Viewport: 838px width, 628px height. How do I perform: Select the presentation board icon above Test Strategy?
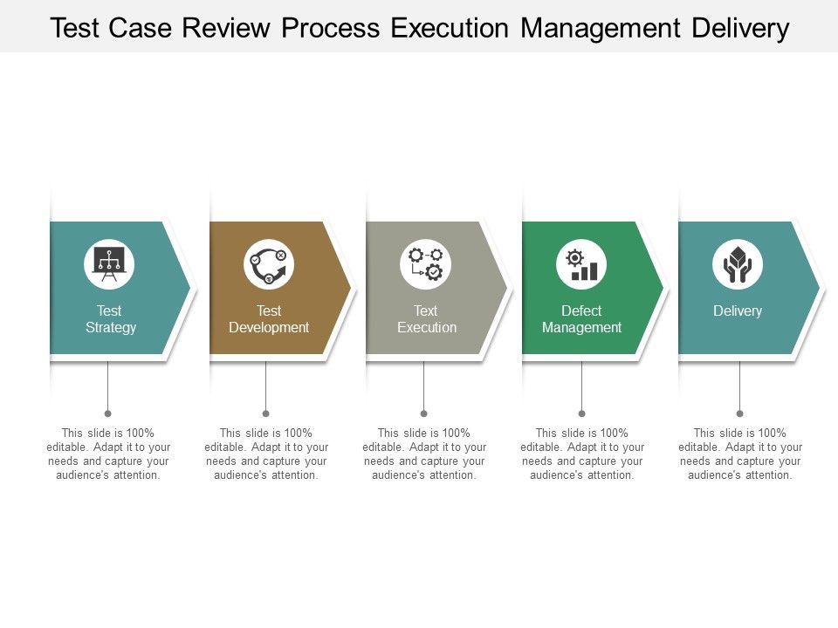click(109, 264)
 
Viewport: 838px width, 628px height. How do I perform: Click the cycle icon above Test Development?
click(269, 264)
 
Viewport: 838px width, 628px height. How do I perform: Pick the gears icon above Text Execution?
click(426, 264)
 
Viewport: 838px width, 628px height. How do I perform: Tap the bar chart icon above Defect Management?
click(581, 264)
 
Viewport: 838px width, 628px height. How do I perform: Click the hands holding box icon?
click(738, 264)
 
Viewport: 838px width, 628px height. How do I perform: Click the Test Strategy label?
click(111, 319)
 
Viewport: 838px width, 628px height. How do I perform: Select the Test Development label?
click(269, 319)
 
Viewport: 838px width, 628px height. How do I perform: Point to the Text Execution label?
click(426, 319)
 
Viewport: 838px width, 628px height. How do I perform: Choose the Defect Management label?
click(581, 319)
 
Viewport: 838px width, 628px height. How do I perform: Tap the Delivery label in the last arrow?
click(738, 311)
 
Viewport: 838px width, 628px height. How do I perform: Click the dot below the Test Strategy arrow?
click(107, 413)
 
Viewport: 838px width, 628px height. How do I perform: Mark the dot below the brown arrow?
click(265, 413)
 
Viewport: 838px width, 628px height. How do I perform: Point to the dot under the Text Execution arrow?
click(423, 413)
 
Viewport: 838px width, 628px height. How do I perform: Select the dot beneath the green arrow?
click(581, 413)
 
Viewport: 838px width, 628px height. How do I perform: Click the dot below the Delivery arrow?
click(739, 413)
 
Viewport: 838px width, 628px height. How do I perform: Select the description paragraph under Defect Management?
click(581, 454)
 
